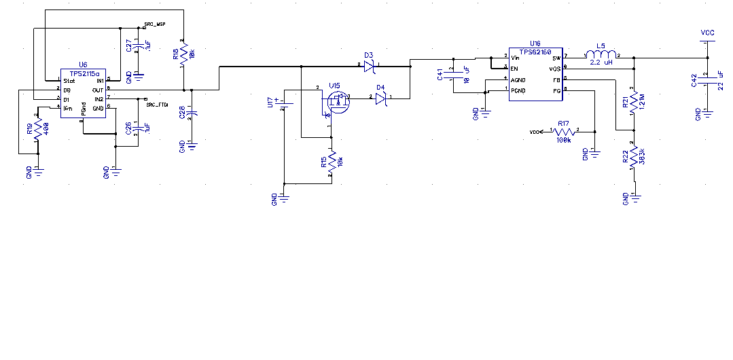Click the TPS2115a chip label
point(85,73)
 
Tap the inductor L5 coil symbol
point(602,55)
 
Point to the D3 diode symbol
point(368,66)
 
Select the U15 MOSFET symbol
point(336,102)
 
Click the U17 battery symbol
point(285,103)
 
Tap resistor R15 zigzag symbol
point(332,162)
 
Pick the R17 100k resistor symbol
point(563,132)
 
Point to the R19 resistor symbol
point(38,133)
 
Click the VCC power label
point(707,32)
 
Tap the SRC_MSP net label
point(156,24)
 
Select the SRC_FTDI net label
point(157,105)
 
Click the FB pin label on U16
point(556,79)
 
